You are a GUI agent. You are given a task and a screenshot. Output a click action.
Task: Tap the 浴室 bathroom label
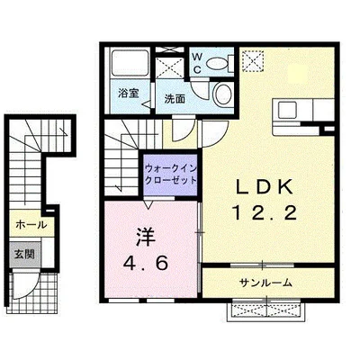point(126,93)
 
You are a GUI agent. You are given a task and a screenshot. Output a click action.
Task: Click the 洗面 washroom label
point(175,98)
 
